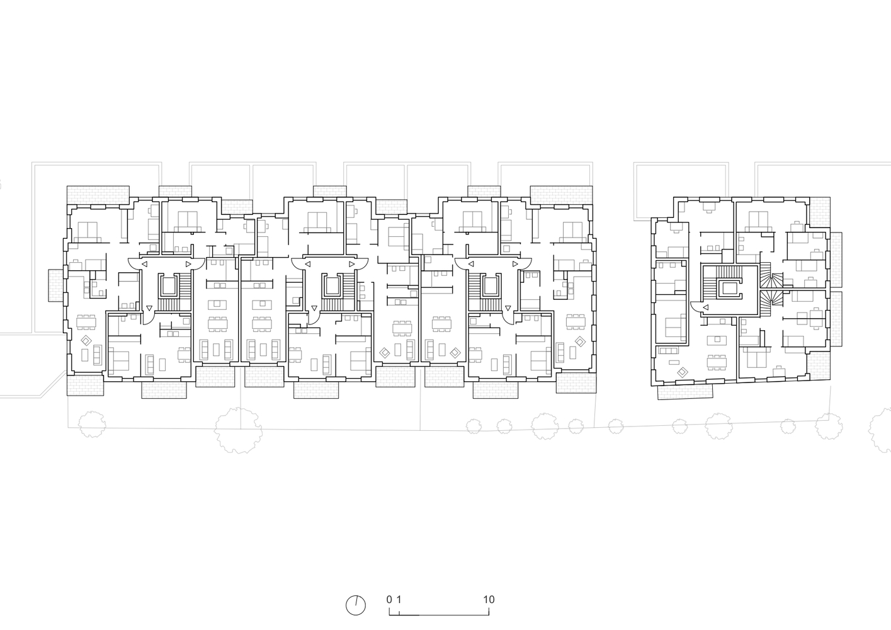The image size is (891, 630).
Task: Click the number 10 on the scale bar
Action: click(489, 599)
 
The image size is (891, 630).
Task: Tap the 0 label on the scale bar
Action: click(389, 599)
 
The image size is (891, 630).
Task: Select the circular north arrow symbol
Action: click(356, 605)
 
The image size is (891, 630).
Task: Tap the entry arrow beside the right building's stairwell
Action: click(706, 307)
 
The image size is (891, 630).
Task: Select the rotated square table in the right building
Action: click(681, 373)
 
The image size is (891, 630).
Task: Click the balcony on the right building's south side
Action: click(685, 391)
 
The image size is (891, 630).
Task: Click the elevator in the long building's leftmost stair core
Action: click(168, 287)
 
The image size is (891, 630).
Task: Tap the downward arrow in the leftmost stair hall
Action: click(149, 307)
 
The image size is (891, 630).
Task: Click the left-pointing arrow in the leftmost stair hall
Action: click(144, 265)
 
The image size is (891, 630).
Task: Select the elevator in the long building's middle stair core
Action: click(332, 287)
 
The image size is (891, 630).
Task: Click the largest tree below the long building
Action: click(237, 430)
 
